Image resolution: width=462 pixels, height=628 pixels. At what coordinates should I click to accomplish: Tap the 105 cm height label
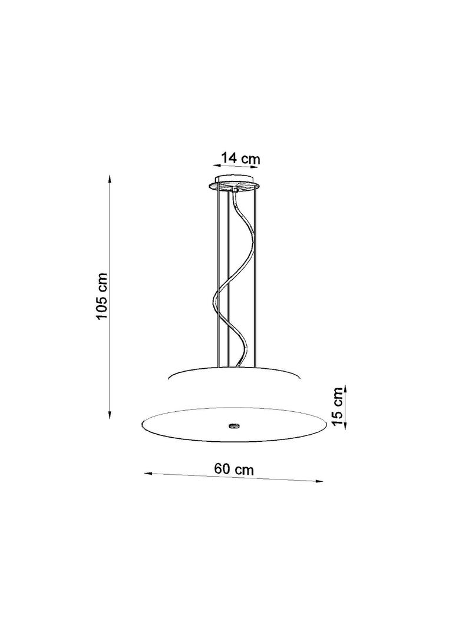pos(102,296)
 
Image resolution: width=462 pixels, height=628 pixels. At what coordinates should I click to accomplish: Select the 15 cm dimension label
pos(338,406)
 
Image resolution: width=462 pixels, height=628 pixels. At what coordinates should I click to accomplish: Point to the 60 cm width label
pos(234,468)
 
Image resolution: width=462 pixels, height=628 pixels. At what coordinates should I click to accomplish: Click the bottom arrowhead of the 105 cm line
pos(110,415)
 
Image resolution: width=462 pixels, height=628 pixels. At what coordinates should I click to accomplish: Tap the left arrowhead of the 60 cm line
pos(148,474)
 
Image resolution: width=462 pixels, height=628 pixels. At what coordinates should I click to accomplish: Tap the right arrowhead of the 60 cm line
pos(319,481)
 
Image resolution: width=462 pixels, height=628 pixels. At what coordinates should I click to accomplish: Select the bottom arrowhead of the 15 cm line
pos(345,426)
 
